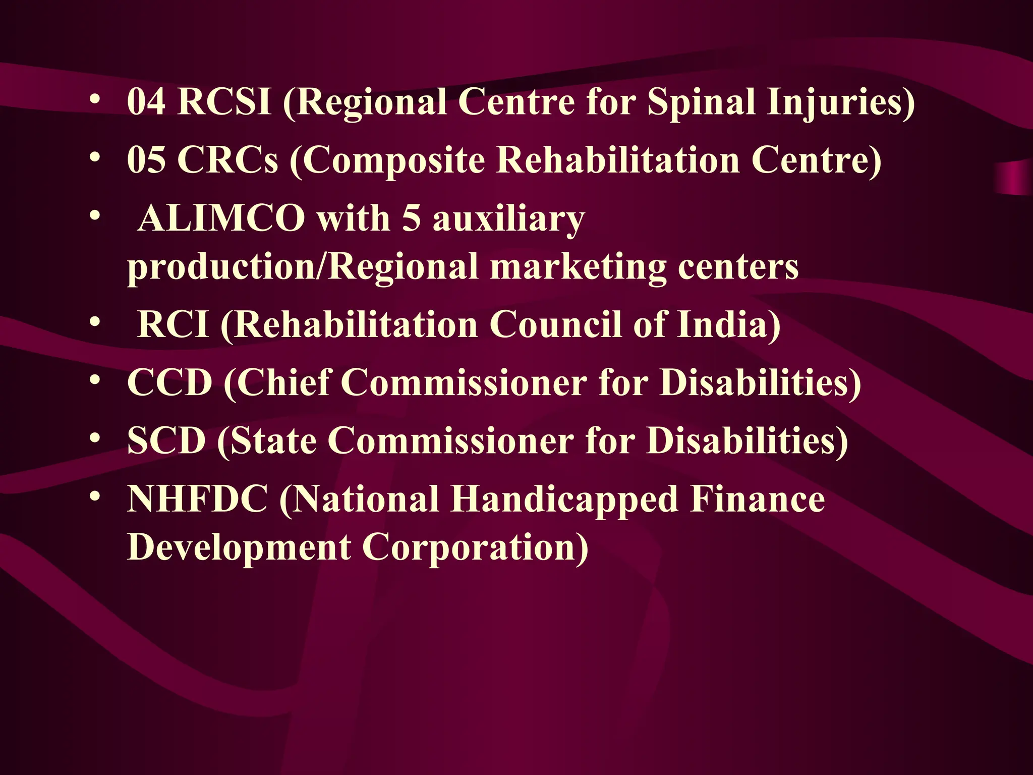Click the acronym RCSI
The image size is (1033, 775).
pyautogui.click(x=224, y=102)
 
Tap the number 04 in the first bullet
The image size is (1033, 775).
pyautogui.click(x=146, y=102)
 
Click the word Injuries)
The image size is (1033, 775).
pyautogui.click(x=840, y=103)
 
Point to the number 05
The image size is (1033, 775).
pyautogui.click(x=146, y=160)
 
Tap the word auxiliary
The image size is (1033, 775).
pyautogui.click(x=508, y=220)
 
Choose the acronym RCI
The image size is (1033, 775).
pyautogui.click(x=173, y=324)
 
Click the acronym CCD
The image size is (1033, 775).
pyautogui.click(x=169, y=382)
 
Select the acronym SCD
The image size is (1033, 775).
pyautogui.click(x=166, y=440)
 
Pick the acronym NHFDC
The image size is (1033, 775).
pyautogui.click(x=197, y=499)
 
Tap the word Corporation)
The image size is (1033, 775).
pyautogui.click(x=475, y=547)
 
